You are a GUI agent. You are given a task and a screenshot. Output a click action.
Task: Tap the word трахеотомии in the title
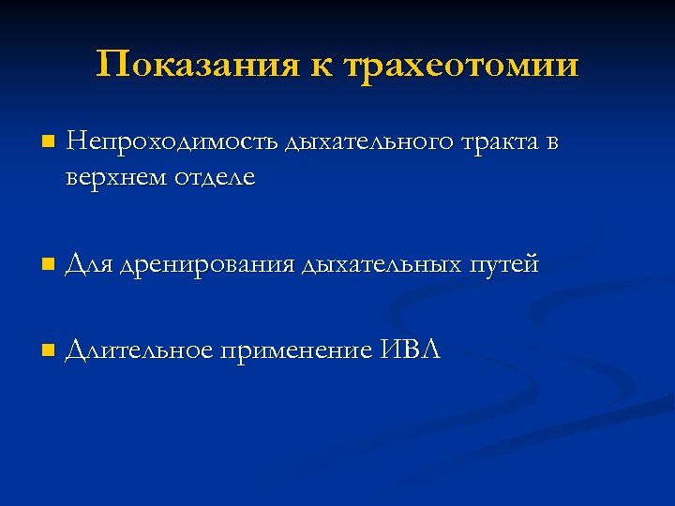462,67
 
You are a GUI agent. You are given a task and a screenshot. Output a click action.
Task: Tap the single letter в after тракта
553,144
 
